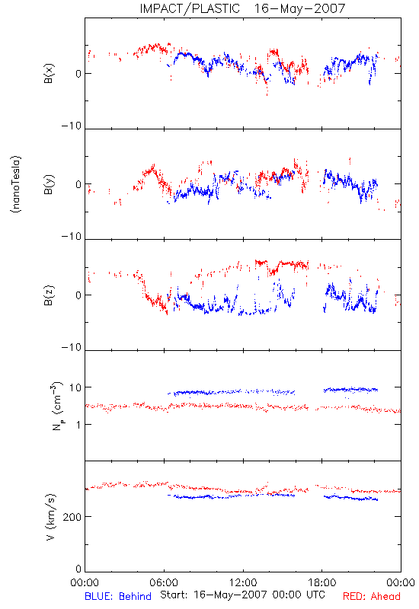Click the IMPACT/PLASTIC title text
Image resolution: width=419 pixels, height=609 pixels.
pyautogui.click(x=190, y=8)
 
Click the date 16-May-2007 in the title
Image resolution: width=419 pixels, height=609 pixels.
pyautogui.click(x=299, y=8)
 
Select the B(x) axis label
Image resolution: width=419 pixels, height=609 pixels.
pyautogui.click(x=49, y=73)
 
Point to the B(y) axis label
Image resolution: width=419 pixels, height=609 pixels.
pyautogui.click(x=49, y=184)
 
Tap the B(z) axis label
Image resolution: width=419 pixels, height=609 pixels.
pyautogui.click(x=49, y=295)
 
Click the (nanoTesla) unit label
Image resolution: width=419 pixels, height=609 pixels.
pyautogui.click(x=16, y=184)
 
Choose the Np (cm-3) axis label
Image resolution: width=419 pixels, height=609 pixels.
pyautogui.click(x=56, y=406)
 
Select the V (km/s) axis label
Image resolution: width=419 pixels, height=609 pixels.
pyautogui.click(x=50, y=517)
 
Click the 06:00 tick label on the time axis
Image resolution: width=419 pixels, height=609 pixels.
pyautogui.click(x=164, y=582)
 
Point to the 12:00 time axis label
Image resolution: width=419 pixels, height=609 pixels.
pyautogui.click(x=243, y=582)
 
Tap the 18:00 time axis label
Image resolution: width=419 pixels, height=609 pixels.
pyautogui.click(x=321, y=582)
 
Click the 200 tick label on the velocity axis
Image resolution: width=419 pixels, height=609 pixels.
pyautogui.click(x=72, y=517)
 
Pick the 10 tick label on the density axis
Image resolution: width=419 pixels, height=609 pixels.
pyautogui.click(x=75, y=387)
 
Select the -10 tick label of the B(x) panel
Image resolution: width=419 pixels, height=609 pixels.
pyautogui.click(x=72, y=126)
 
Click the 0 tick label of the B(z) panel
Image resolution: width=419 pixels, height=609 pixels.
pyautogui.click(x=78, y=295)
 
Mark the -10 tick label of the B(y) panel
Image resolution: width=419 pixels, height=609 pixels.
pyautogui.click(x=72, y=237)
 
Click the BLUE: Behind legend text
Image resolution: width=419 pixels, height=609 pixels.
pyautogui.click(x=118, y=596)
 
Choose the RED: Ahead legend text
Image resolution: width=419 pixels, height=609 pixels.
pyautogui.click(x=371, y=596)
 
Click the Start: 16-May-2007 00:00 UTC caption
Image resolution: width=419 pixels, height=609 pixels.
pyautogui.click(x=242, y=595)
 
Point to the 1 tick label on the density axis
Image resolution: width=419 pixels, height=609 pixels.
pyautogui.click(x=78, y=425)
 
